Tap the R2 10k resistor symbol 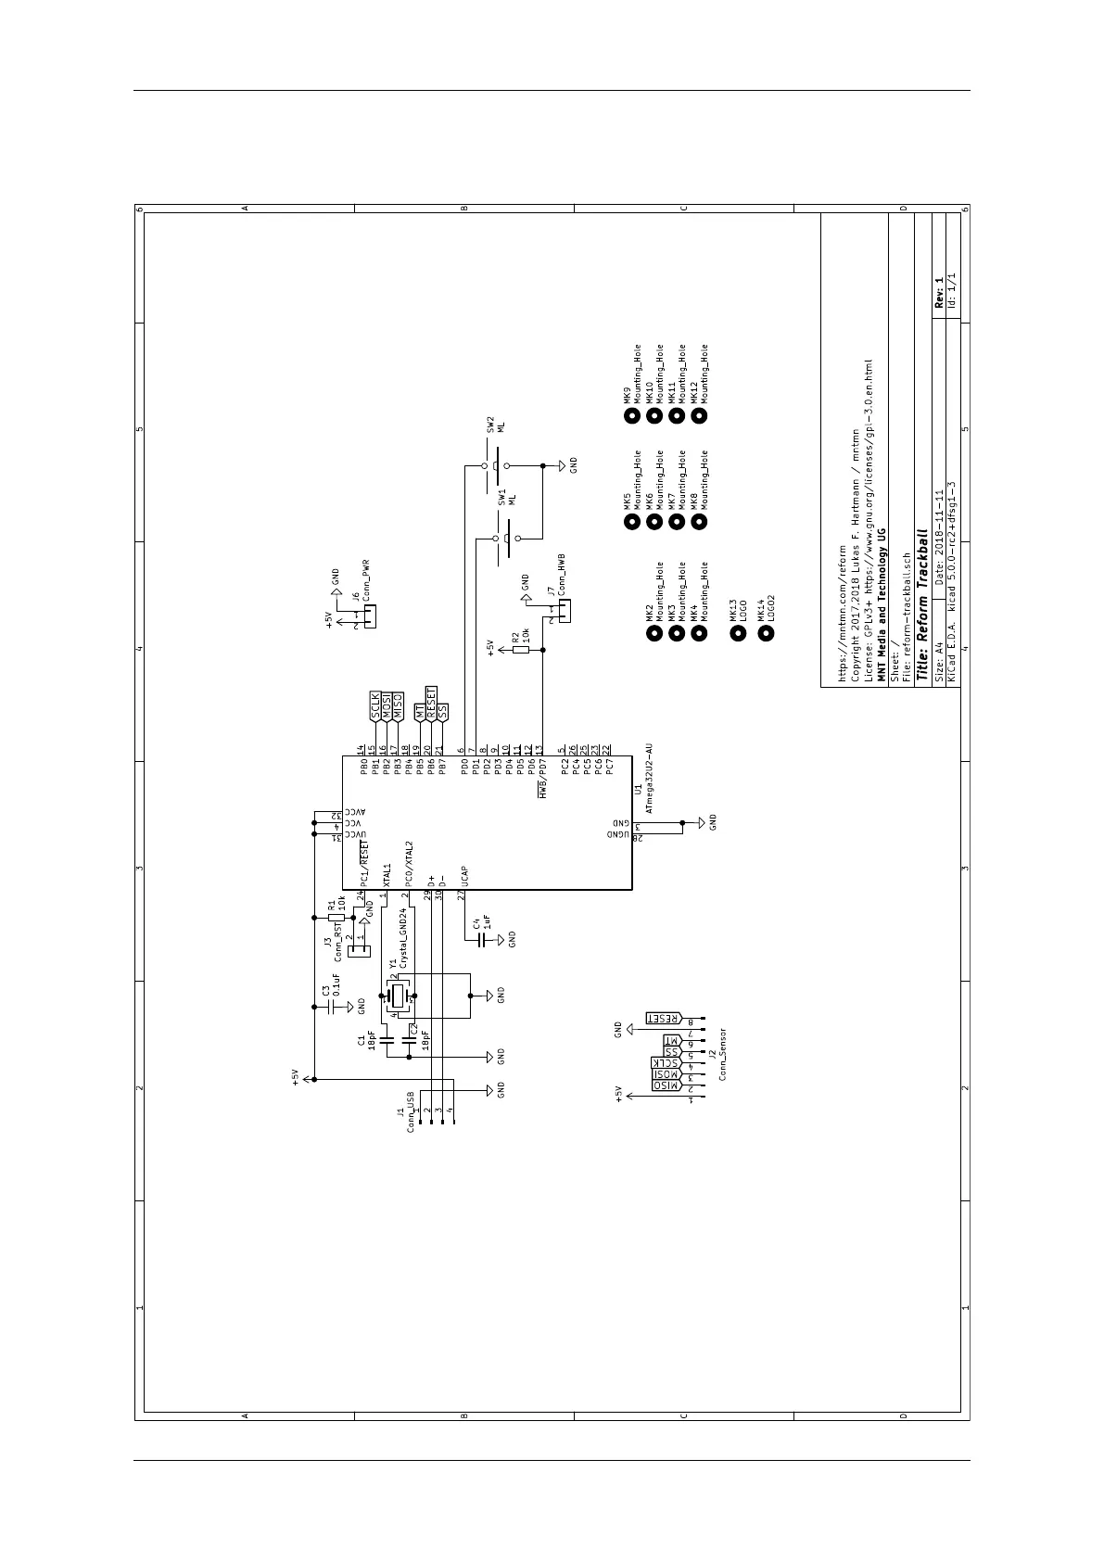[521, 650]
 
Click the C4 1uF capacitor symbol [480, 940]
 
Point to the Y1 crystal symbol [400, 996]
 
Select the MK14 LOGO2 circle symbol [766, 634]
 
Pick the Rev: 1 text [938, 292]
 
